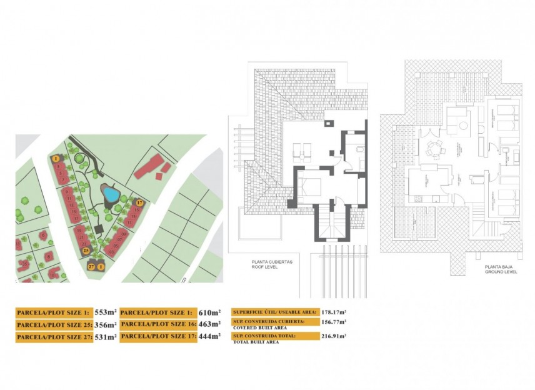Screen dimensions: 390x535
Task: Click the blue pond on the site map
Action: coord(111,195)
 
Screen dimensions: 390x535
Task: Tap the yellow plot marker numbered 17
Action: coord(140,202)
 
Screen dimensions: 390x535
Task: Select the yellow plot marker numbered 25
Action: coord(86,250)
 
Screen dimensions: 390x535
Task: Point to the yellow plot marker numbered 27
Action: coord(92,267)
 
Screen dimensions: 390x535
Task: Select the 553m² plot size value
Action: coord(106,312)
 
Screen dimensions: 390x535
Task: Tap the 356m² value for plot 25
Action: coord(106,324)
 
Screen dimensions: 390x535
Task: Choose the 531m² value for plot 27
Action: coord(106,337)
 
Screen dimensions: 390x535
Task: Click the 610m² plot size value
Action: coord(209,312)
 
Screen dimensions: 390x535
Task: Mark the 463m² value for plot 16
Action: coord(209,324)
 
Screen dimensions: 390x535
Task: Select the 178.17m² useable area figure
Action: coord(334,311)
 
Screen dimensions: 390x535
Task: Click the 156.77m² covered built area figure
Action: coord(334,322)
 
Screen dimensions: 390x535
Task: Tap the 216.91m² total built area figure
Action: coord(334,336)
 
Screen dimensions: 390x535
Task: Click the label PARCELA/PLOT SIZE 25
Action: coord(54,325)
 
